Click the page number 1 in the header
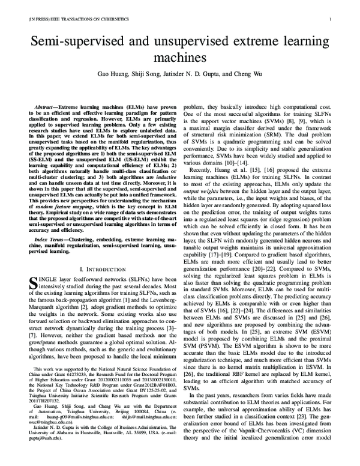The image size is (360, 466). (330, 19)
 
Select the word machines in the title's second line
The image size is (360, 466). (179, 58)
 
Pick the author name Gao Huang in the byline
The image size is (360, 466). (113, 76)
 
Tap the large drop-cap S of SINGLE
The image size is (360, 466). (34, 283)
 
